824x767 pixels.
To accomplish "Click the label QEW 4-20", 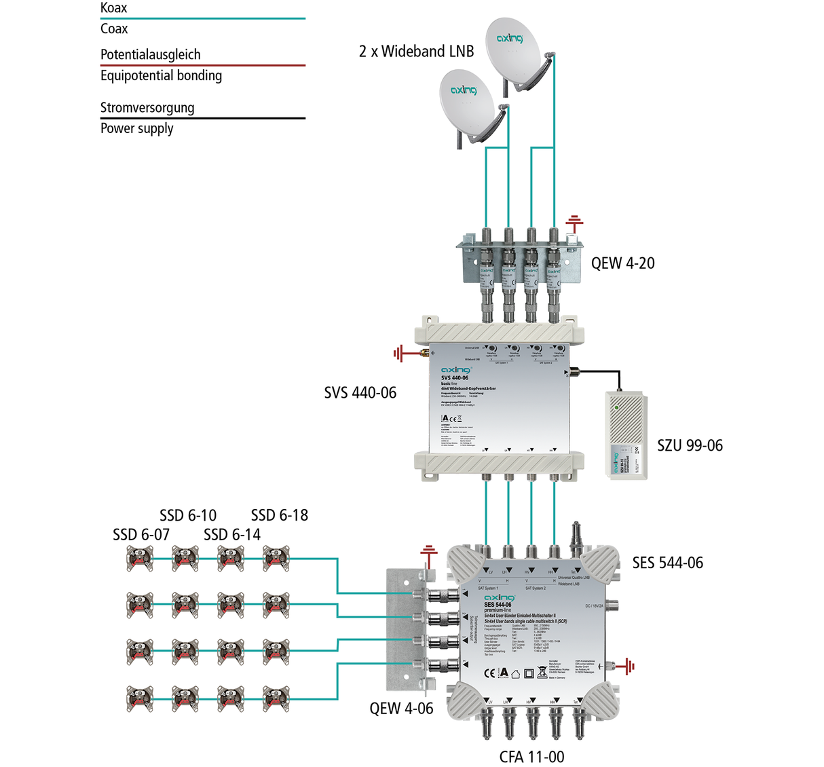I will coord(622,263).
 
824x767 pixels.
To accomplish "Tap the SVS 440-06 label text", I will coord(360,393).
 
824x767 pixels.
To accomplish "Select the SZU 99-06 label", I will coord(690,446).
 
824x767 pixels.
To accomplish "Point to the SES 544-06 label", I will coord(667,563).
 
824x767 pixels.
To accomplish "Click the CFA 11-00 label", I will coord(531,757).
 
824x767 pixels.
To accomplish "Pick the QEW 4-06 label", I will coord(401,709).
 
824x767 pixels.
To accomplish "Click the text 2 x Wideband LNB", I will coord(416,52).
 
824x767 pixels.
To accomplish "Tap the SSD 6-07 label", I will coord(141,535).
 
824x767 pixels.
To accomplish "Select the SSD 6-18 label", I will coord(279,516).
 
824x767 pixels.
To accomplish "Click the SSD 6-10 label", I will coord(188,516).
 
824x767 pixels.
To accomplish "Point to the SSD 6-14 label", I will coord(232,535).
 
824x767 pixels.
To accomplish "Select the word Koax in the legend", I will coord(113,8).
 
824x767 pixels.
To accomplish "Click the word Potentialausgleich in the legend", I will coord(150,54).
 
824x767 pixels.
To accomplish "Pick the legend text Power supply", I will coord(136,128).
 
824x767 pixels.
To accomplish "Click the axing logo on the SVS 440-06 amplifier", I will coord(455,370).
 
